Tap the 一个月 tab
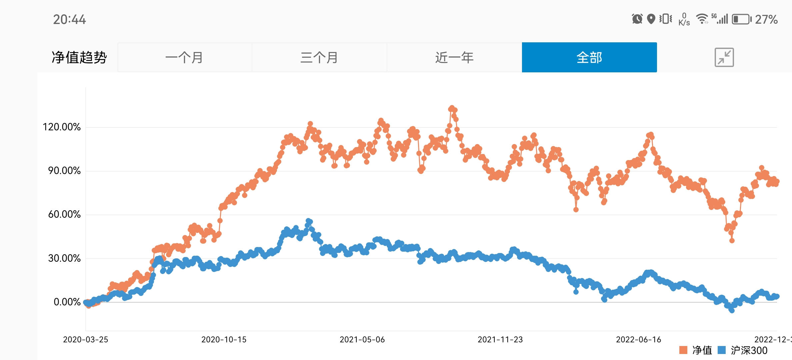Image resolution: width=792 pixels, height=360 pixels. (184, 57)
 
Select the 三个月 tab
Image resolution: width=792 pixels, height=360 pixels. (319, 57)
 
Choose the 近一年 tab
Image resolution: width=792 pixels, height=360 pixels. (454, 57)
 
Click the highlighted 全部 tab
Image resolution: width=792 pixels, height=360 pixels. (589, 57)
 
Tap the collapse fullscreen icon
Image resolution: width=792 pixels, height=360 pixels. (724, 57)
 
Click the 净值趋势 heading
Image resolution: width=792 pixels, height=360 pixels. (79, 57)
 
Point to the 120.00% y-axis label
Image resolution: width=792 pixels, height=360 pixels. (62, 127)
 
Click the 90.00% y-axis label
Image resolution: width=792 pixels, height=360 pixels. (64, 171)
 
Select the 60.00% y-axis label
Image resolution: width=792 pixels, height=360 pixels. (64, 214)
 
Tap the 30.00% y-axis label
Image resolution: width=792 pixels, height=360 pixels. (64, 258)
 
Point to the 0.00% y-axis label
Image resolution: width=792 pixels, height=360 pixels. (67, 302)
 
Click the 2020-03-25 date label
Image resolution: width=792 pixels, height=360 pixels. (86, 340)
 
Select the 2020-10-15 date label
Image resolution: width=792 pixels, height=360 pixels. (224, 340)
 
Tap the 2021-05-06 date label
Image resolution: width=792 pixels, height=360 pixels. (362, 340)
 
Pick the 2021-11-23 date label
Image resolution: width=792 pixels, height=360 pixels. (500, 340)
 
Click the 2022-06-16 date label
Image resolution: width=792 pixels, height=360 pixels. (639, 340)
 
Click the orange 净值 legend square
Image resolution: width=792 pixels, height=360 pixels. (683, 350)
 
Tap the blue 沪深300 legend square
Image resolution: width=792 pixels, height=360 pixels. (722, 350)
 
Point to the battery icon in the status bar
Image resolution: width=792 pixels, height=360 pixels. (741, 19)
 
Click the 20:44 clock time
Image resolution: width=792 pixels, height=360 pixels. (69, 20)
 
